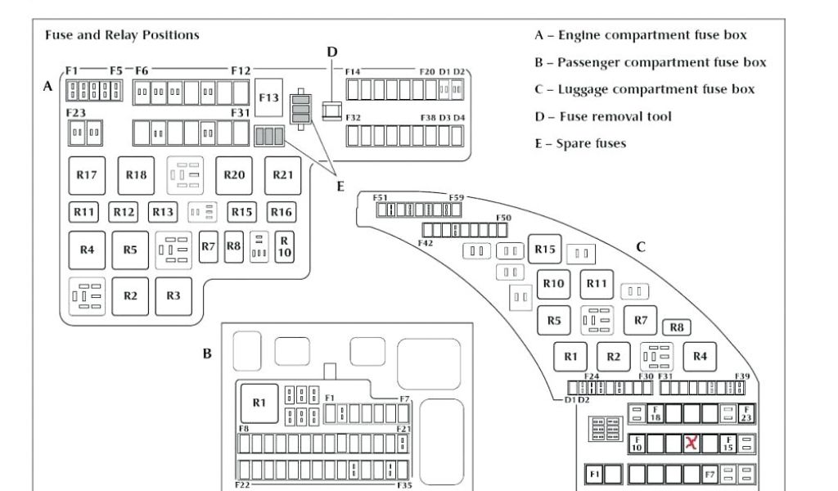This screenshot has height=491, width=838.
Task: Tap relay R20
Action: click(x=234, y=174)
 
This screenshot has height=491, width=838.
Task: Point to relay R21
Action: click(x=283, y=174)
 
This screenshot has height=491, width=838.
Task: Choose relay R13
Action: click(x=163, y=212)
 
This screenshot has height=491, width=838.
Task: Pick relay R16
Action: click(x=281, y=212)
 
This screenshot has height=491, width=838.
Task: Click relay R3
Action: click(x=173, y=296)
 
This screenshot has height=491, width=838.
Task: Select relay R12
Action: click(x=124, y=212)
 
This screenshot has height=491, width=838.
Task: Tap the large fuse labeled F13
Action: click(x=269, y=97)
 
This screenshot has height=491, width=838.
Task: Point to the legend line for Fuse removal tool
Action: click(x=603, y=116)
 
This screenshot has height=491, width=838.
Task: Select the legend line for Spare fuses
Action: click(x=579, y=143)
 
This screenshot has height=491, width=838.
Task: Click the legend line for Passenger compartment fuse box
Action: click(x=651, y=62)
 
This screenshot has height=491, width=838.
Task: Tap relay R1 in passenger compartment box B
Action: click(x=259, y=402)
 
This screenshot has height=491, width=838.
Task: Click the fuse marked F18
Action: click(x=655, y=414)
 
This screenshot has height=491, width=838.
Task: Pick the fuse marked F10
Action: click(x=637, y=444)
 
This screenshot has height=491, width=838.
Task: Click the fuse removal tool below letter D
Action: click(x=331, y=108)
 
